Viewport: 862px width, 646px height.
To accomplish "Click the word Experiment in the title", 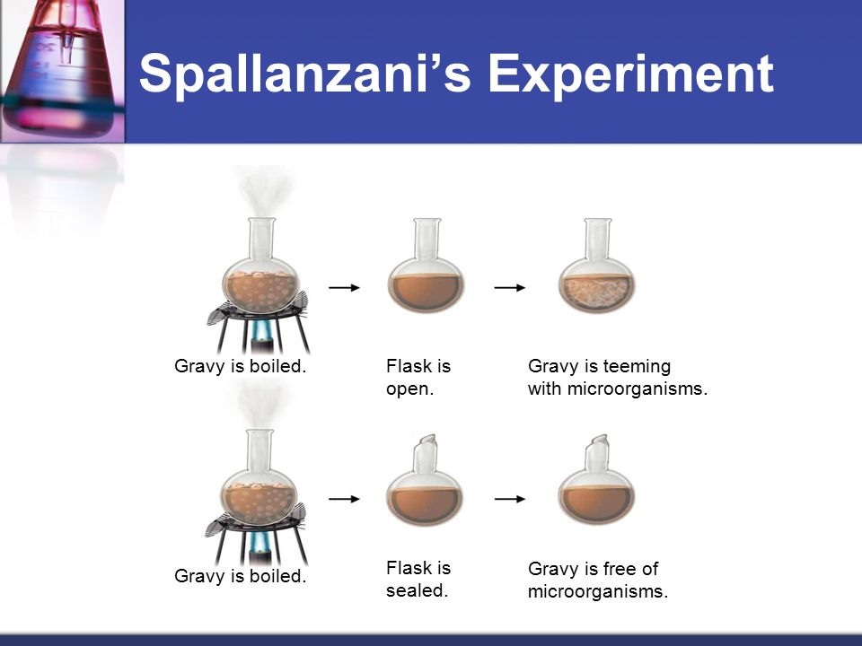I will tap(631, 74).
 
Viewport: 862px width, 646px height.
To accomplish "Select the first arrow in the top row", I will tap(344, 287).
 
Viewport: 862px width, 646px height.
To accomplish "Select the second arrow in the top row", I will tap(510, 287).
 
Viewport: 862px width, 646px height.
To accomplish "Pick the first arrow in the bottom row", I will tap(344, 498).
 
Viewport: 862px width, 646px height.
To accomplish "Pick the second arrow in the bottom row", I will tap(510, 498).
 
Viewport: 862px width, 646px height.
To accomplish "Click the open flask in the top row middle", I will tap(425, 278).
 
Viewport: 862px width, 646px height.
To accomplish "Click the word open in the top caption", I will tap(409, 390).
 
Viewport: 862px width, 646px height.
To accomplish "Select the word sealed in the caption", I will tap(417, 591).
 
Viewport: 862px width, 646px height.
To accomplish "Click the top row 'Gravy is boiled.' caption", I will tap(241, 367).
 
